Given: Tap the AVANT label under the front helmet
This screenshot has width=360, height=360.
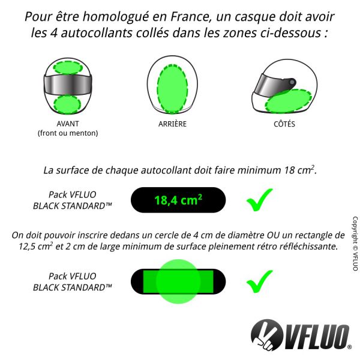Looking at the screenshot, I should click(x=67, y=124).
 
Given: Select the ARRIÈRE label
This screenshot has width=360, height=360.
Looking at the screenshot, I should click(x=173, y=124).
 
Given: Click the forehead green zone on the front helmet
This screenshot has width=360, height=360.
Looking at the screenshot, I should click(x=67, y=67).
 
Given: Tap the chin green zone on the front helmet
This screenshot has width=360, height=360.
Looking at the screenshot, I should click(x=67, y=104).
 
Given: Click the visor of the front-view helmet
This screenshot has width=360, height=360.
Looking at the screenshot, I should click(x=67, y=86).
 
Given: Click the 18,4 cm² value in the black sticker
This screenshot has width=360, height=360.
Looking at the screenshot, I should click(x=178, y=200).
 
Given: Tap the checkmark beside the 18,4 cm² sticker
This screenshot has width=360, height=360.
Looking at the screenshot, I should click(x=259, y=200).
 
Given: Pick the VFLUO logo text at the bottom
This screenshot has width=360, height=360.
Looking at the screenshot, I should click(x=316, y=334).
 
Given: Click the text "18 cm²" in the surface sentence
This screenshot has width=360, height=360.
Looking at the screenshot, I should click(x=298, y=170).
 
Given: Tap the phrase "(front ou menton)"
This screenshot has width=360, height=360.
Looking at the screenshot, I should click(x=67, y=133).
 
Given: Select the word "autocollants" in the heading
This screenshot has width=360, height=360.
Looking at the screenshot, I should click(x=83, y=32).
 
